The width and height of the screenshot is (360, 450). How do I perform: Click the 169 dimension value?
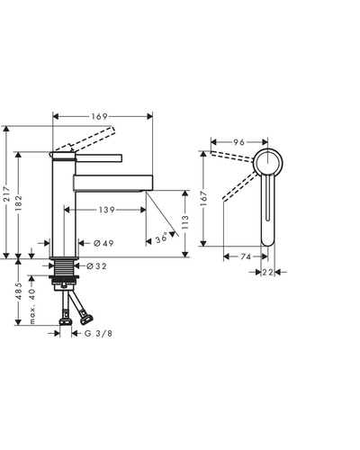tap(100, 116)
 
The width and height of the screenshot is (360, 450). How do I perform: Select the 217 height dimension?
tap(6, 194)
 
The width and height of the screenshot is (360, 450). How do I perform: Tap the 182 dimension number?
tap(19, 202)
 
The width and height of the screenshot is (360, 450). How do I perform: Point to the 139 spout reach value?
tap(107, 210)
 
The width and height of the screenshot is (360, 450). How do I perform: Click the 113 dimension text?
tap(185, 222)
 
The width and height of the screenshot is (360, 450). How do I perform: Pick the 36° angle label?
tap(161, 238)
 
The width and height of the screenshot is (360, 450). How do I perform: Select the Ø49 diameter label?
tap(103, 243)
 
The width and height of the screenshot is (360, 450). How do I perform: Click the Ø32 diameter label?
tap(96, 266)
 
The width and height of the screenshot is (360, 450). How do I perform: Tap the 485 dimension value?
tap(19, 291)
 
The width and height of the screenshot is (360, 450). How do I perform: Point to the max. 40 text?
tap(32, 306)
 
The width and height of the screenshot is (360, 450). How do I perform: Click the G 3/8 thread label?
tap(98, 333)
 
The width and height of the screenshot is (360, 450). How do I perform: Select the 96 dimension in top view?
tap(239, 142)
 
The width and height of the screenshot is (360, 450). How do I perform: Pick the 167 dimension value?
tap(203, 198)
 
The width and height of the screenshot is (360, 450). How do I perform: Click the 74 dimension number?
tap(246, 256)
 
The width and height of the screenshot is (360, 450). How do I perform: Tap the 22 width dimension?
tap(268, 273)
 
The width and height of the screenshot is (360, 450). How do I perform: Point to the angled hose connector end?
tap(86, 319)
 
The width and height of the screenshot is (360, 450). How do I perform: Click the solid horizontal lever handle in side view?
tap(99, 157)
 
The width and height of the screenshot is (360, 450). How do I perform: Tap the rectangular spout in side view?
tap(113, 183)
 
